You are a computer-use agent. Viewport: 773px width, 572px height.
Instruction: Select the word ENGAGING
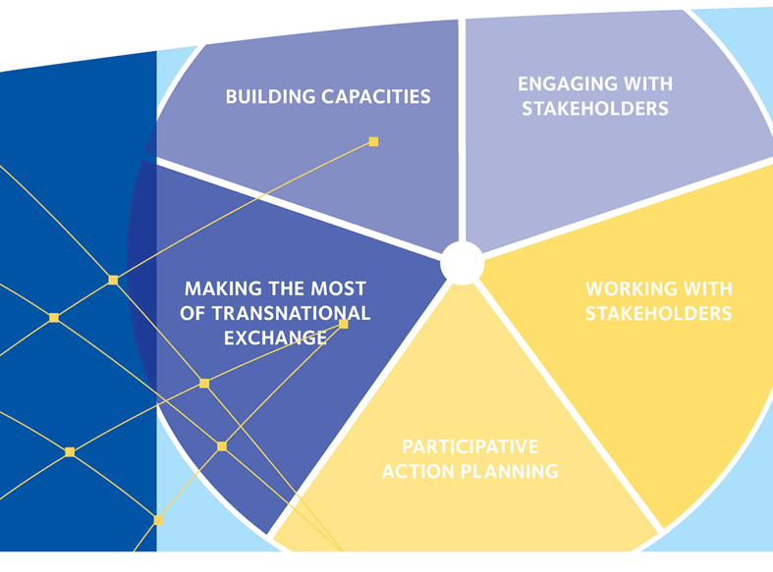click(561, 84)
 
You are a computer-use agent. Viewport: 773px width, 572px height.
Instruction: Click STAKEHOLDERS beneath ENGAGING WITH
click(595, 109)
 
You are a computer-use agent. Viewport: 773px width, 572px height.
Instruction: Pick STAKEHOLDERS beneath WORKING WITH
click(659, 313)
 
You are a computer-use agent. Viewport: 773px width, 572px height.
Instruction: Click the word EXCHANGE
click(275, 338)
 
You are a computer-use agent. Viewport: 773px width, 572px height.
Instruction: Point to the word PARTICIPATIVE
click(470, 447)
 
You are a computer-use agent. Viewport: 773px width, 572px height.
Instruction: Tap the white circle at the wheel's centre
click(462, 263)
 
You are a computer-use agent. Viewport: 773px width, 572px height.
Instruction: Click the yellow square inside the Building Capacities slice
click(373, 141)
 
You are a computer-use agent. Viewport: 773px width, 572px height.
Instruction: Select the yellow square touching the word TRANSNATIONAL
click(344, 324)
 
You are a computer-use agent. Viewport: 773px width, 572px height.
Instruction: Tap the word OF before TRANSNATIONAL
click(193, 313)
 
